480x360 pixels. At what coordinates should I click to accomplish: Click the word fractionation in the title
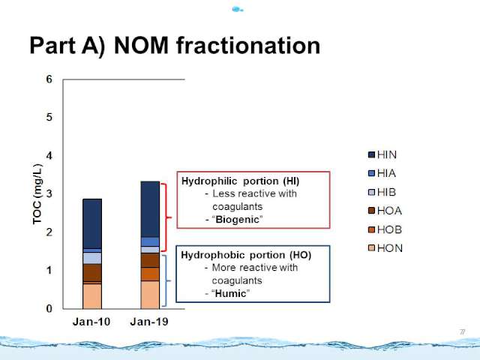tap(248, 45)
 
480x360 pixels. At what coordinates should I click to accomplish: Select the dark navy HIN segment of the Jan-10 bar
tap(92, 223)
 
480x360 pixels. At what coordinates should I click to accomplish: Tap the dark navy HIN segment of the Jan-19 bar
tap(150, 209)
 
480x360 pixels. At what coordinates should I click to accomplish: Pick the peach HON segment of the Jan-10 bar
tap(92, 296)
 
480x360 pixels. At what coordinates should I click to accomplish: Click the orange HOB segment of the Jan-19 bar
tap(150, 274)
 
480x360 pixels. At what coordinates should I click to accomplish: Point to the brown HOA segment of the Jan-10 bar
tap(92, 273)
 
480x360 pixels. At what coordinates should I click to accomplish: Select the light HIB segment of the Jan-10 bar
tap(92, 258)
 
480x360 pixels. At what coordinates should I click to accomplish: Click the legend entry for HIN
tap(382, 154)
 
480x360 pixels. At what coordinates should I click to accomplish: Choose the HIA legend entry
tap(382, 173)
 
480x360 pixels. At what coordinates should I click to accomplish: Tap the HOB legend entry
tap(385, 229)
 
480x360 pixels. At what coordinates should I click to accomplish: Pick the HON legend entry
tap(385, 248)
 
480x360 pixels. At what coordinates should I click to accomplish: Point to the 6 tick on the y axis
tap(49, 79)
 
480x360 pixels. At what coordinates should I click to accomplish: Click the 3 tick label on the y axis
tap(49, 193)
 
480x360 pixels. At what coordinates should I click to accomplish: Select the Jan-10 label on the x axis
tap(91, 322)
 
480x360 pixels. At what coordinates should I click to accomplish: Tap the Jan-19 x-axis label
tap(149, 322)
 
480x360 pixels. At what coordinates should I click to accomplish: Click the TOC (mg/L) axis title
tap(37, 194)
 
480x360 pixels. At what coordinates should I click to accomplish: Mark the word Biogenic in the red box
tap(237, 220)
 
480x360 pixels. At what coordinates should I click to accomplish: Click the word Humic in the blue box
tap(230, 293)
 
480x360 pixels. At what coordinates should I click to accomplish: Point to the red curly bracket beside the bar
tap(166, 217)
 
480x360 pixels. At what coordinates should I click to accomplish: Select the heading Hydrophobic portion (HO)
tap(246, 255)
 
